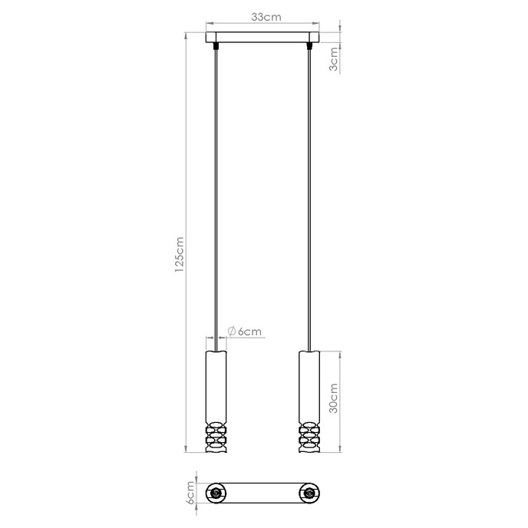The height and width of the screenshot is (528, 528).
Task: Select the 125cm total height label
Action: pyautogui.click(x=178, y=253)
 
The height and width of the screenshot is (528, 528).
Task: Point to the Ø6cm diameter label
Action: pyautogui.click(x=245, y=332)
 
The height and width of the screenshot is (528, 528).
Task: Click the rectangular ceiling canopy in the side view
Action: pyautogui.click(x=263, y=38)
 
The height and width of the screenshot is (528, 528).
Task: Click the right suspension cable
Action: pyautogui.click(x=309, y=192)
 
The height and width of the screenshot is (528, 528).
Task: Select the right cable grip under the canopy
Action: pyautogui.click(x=309, y=47)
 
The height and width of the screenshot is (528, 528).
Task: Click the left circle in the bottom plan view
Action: pyautogui.click(x=217, y=492)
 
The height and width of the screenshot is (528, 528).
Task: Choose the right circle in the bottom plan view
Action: pyautogui.click(x=309, y=492)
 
